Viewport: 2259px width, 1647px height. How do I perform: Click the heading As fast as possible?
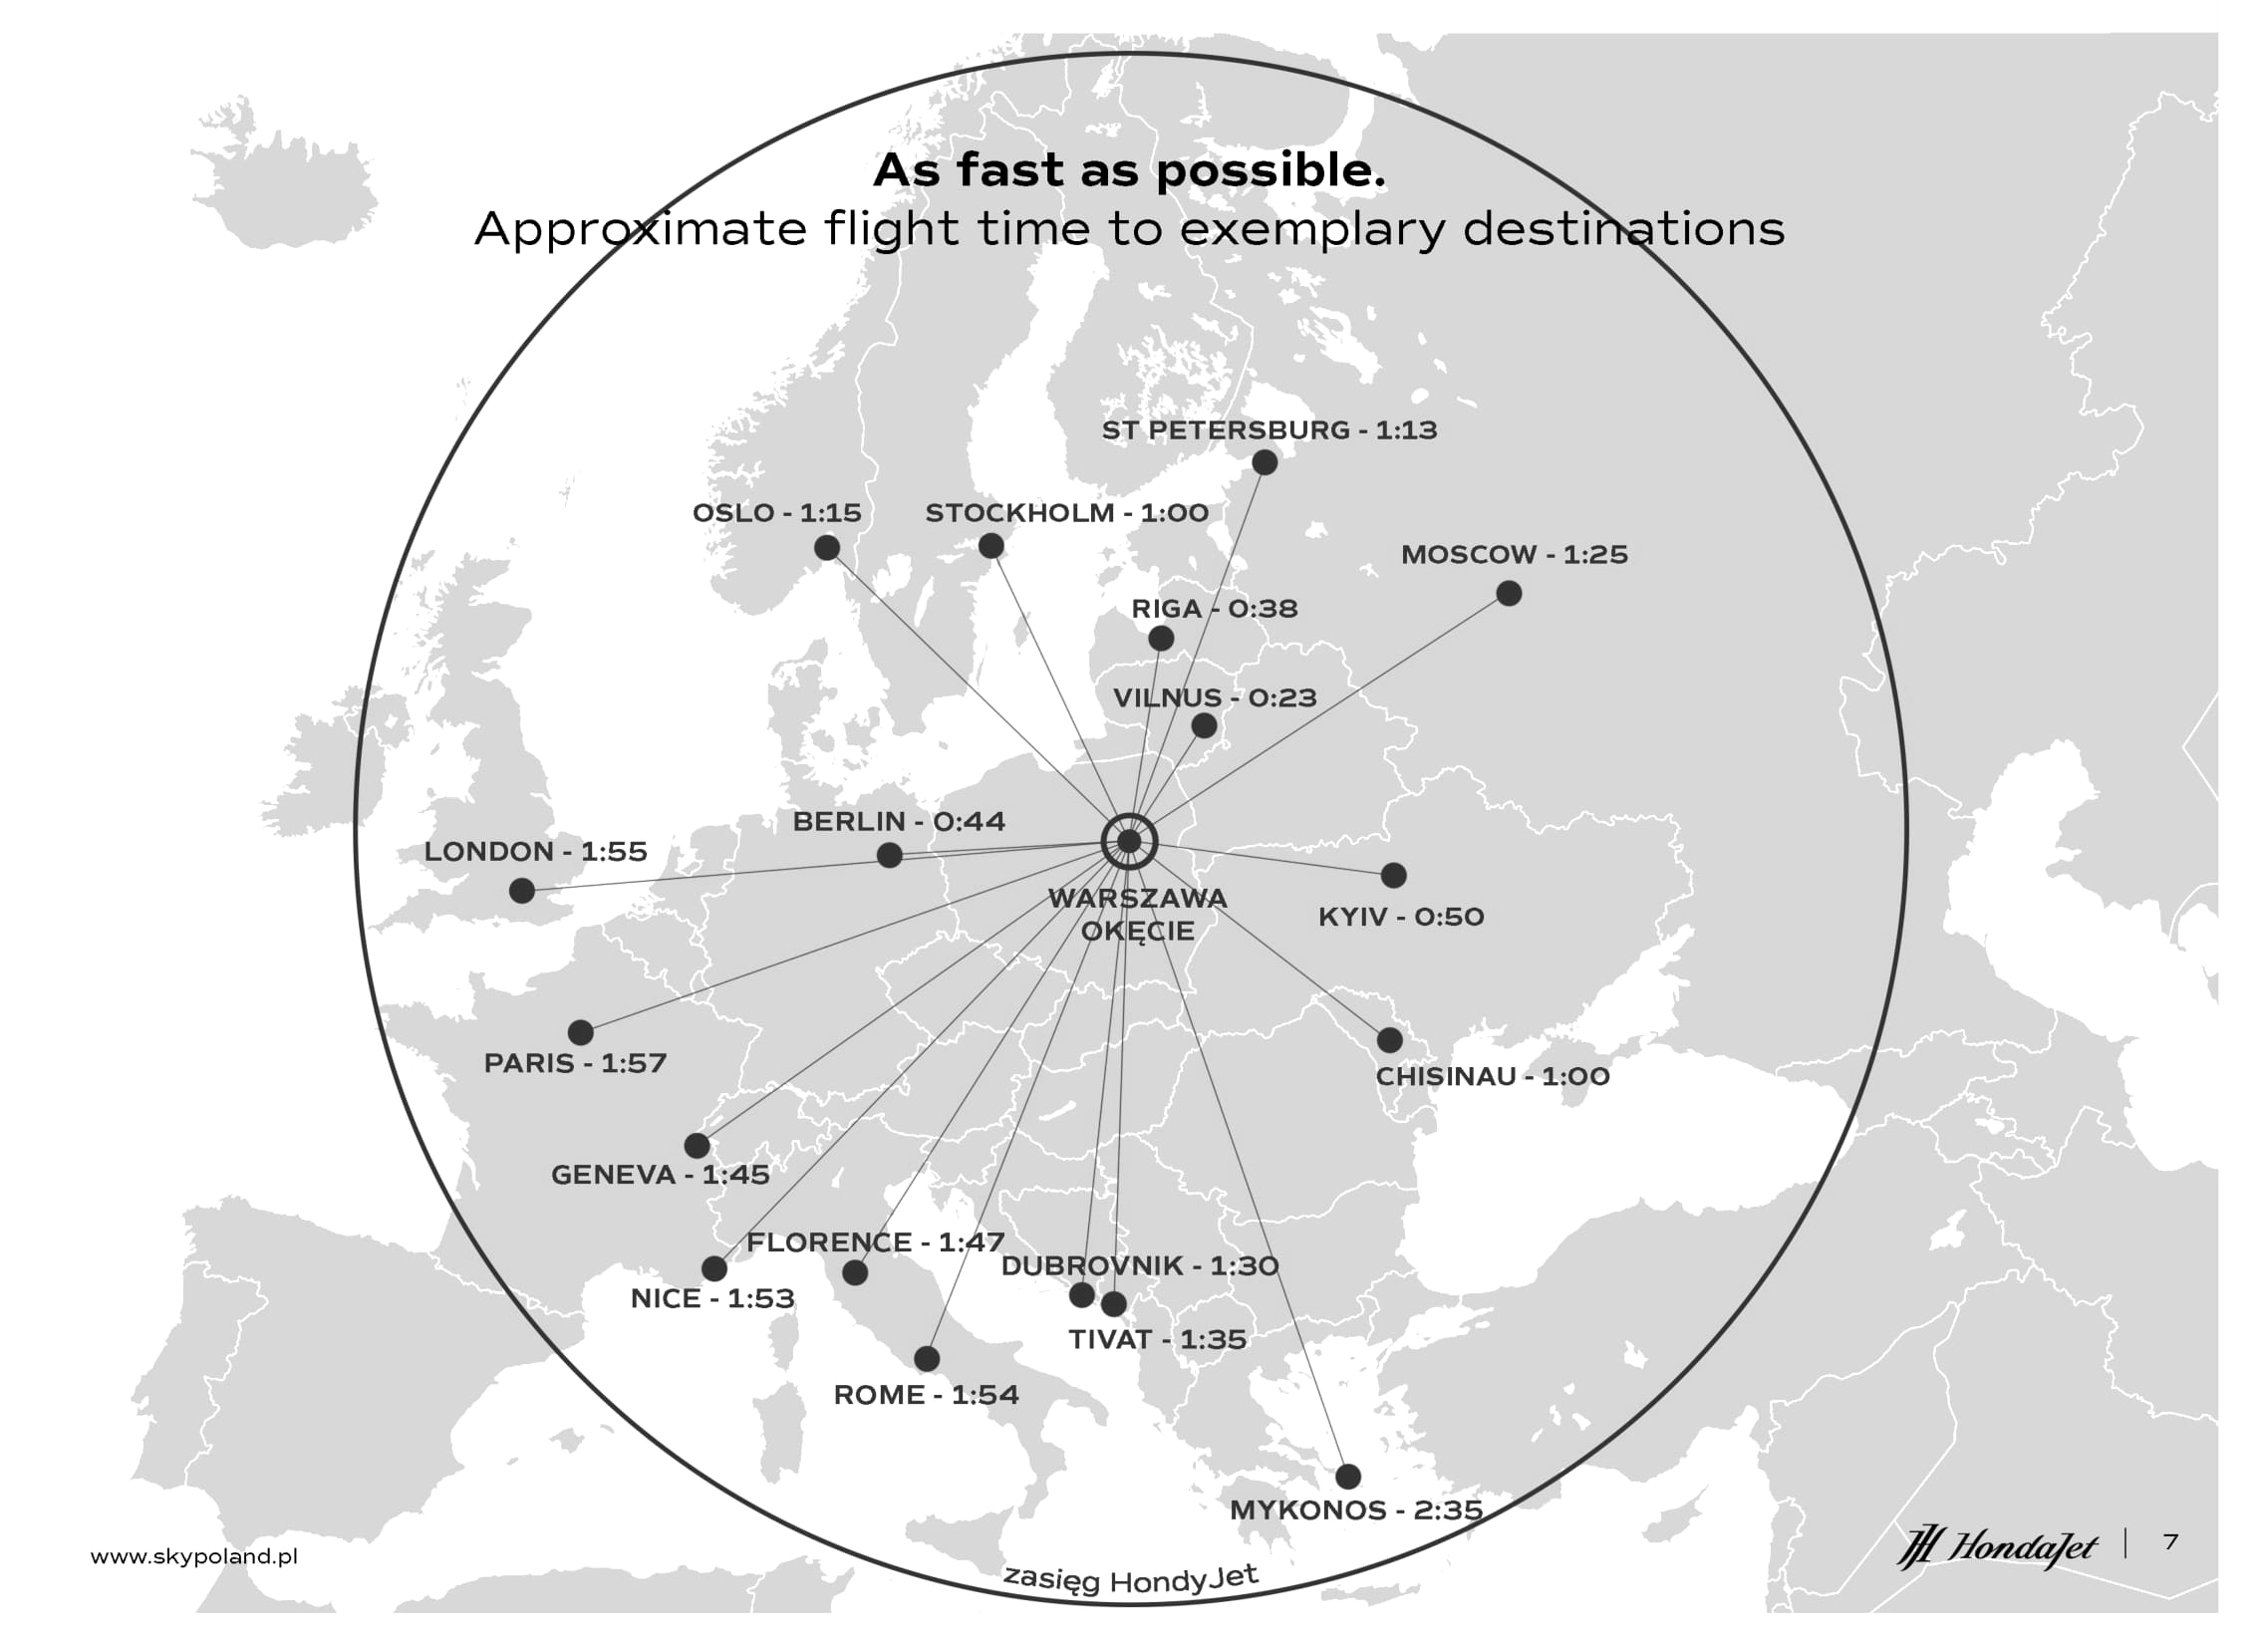[1130, 170]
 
